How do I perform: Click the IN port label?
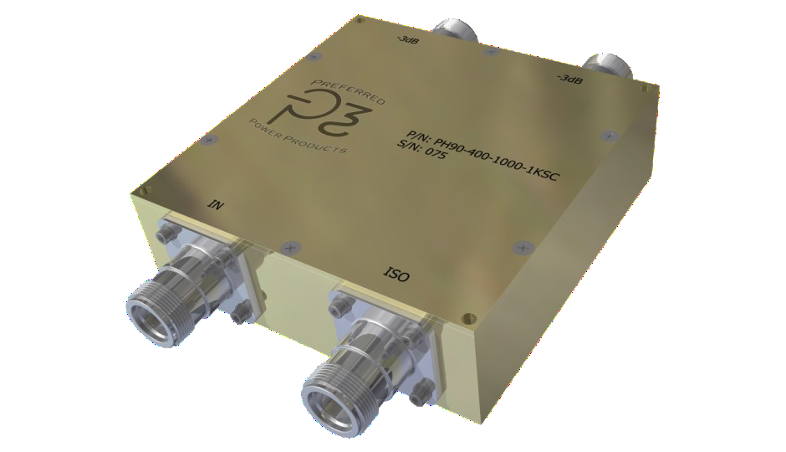[215, 203]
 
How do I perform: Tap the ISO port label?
[396, 273]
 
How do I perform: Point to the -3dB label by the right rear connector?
[569, 79]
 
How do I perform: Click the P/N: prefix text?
[419, 136]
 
